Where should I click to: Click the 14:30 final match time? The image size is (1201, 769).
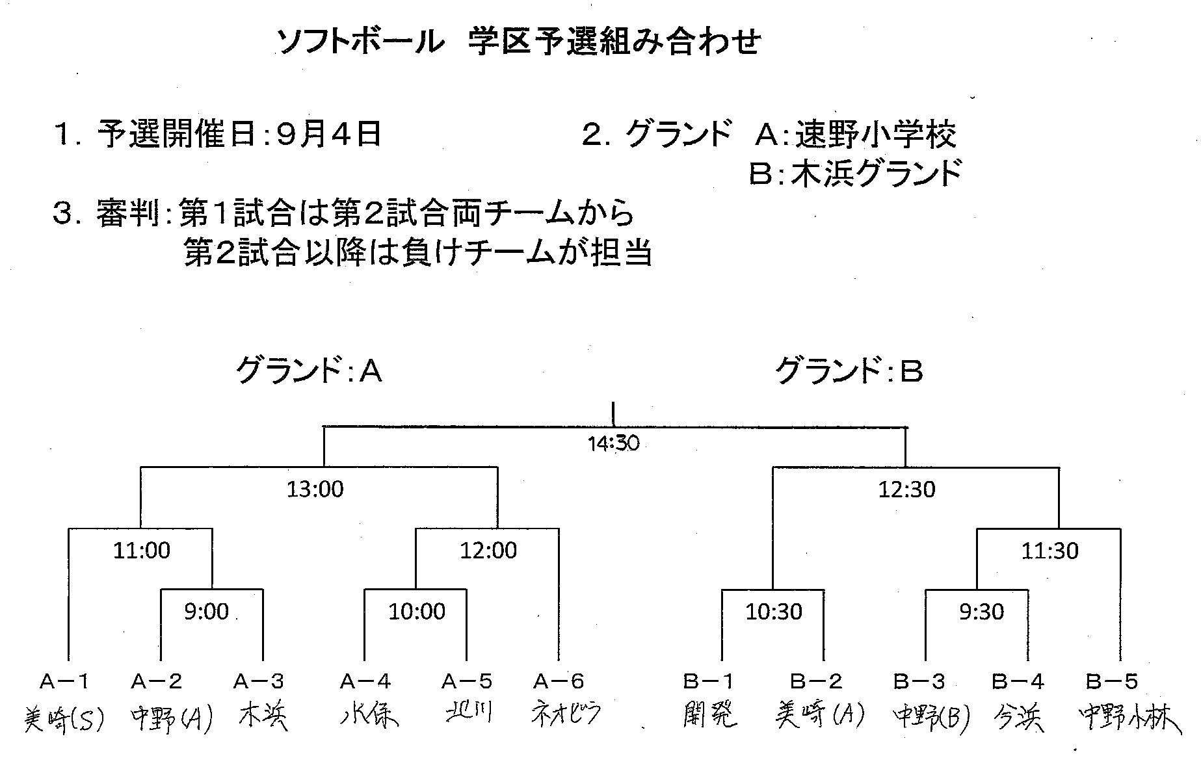pos(613,444)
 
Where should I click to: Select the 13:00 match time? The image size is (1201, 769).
pos(315,489)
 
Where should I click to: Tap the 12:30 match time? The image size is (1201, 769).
pos(906,489)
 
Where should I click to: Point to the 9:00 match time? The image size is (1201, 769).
pos(206,612)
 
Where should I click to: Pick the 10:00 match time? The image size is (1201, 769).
pos(417,612)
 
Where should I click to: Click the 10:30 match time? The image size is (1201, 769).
pos(773,612)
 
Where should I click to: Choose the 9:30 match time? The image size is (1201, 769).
pos(981,612)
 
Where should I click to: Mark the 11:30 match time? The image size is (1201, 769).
pos(1049,551)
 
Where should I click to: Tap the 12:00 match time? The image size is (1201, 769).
pos(488,551)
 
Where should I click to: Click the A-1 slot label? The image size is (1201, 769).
pos(64,681)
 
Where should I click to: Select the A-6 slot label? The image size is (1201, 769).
pos(559,681)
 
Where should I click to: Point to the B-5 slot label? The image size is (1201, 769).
pos(1112,681)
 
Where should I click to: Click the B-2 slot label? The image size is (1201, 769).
pos(816,681)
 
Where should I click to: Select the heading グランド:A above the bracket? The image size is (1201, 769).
pos(308,371)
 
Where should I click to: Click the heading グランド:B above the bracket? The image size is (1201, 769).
pos(849,371)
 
